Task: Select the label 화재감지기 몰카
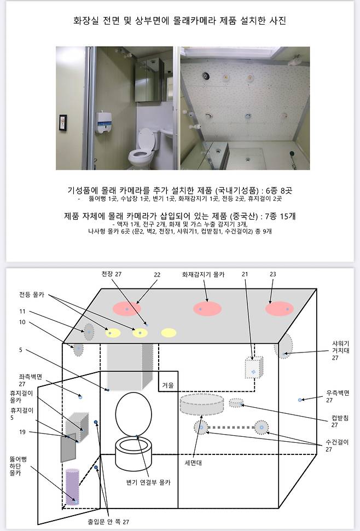pos(203,275)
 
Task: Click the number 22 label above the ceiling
pos(157,275)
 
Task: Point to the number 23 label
pos(272,274)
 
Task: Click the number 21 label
pos(245,274)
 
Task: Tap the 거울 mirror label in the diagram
pos(168,385)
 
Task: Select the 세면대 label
pos(193,463)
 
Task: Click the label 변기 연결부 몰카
pos(148,482)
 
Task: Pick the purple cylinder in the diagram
pos(72,487)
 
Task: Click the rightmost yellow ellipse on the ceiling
pos(169,332)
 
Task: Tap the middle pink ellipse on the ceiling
pos(207,309)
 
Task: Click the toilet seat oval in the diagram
pos(133,414)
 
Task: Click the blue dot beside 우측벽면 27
pos(300,400)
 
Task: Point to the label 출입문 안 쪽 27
pos(108,522)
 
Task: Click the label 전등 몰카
pos(32,295)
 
